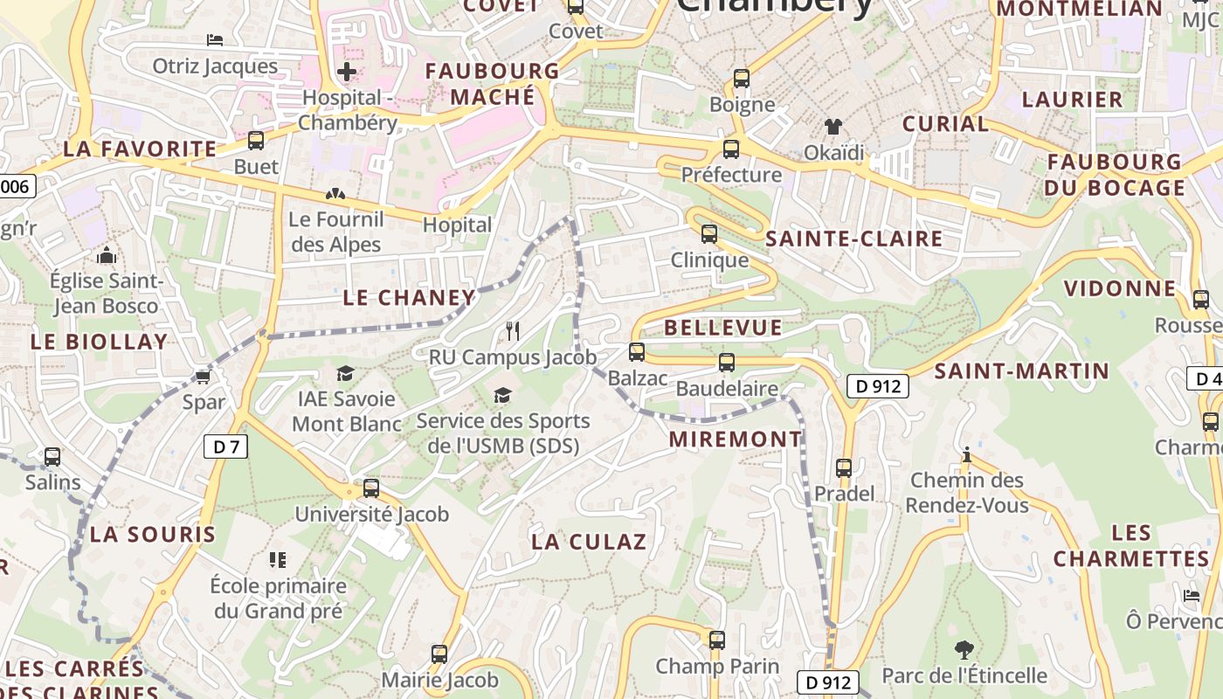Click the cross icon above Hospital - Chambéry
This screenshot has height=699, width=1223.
[347, 72]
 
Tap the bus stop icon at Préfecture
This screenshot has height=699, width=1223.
[731, 149]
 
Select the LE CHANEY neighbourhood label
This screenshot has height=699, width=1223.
[408, 298]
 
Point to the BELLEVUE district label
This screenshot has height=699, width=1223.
[723, 328]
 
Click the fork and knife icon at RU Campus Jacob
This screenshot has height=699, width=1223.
[513, 331]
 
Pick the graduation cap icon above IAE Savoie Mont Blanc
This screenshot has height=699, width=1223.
[346, 374]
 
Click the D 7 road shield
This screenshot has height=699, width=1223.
[225, 446]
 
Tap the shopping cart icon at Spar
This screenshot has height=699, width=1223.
[203, 377]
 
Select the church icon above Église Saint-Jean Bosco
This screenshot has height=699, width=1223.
[107, 256]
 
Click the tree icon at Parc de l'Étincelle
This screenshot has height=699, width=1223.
[964, 649]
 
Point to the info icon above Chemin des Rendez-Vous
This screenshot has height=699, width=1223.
[966, 455]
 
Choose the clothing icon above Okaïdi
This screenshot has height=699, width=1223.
[833, 128]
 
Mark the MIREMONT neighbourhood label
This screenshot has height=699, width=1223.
[736, 439]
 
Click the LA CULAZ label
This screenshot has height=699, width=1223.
[589, 542]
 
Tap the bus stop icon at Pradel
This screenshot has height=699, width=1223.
[844, 468]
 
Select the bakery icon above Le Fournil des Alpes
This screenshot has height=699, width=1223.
[335, 194]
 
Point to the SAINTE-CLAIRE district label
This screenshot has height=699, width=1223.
[854, 239]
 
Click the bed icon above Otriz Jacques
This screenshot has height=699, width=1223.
[215, 40]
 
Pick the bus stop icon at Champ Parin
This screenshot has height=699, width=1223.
[717, 640]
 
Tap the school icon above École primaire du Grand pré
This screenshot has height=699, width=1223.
[278, 560]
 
